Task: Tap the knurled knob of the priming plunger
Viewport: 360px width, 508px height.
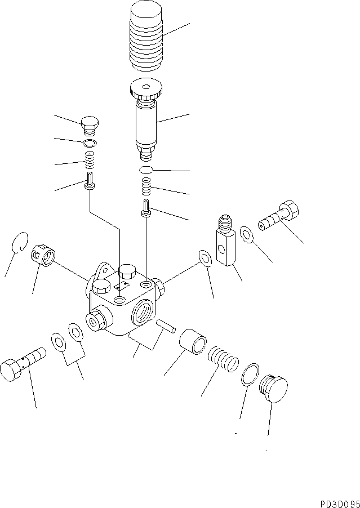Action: pyautogui.click(x=146, y=90)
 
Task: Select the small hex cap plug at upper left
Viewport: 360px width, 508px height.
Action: pyautogui.click(x=90, y=125)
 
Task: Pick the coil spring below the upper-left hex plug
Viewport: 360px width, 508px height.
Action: pyautogui.click(x=90, y=161)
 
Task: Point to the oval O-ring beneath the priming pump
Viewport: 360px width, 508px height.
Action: pyautogui.click(x=146, y=170)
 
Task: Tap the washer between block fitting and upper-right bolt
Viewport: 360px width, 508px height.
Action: pyautogui.click(x=247, y=234)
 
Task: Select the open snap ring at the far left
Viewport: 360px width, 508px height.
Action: pyautogui.click(x=20, y=242)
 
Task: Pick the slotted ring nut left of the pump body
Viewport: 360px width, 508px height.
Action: pyautogui.click(x=43, y=256)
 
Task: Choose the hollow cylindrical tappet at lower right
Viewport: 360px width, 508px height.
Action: pyautogui.click(x=193, y=341)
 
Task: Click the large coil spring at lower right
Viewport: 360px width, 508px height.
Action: pyautogui.click(x=223, y=358)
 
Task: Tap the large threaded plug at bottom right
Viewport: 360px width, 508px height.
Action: pyautogui.click(x=273, y=389)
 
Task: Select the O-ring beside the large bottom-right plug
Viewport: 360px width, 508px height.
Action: pyautogui.click(x=251, y=374)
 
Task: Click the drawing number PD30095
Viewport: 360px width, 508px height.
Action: pyautogui.click(x=340, y=503)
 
